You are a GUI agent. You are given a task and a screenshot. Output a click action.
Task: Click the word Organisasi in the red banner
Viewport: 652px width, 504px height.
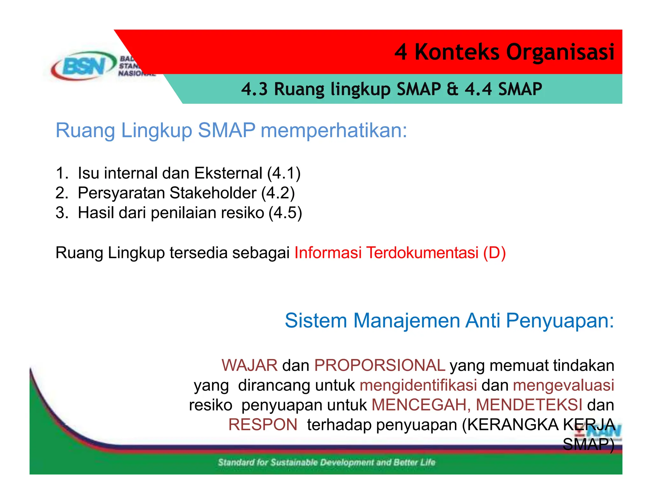[560, 52]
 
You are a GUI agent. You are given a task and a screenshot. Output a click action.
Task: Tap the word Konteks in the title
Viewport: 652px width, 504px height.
[457, 52]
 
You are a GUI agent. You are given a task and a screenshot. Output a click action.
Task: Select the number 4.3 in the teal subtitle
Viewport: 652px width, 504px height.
[254, 89]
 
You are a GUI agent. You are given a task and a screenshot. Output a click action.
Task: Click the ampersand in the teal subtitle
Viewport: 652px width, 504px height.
[452, 89]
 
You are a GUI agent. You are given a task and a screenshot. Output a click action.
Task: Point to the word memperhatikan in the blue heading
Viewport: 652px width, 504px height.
[334, 130]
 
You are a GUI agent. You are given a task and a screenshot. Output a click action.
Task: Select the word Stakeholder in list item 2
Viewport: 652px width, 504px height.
[213, 193]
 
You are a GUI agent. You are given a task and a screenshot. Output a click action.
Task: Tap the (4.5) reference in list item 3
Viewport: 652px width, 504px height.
[285, 213]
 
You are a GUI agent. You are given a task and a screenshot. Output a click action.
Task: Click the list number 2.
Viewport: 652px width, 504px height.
[61, 193]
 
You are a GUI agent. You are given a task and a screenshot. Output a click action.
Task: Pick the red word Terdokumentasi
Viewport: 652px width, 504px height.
[422, 253]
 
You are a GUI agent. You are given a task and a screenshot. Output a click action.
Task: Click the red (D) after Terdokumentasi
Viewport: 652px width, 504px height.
[494, 253]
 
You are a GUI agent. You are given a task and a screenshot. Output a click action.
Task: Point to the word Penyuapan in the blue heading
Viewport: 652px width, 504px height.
[560, 320]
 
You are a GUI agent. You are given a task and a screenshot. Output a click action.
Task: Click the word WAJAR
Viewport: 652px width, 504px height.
[250, 365]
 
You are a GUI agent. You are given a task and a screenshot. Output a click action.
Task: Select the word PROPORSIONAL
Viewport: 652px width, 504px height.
[379, 365]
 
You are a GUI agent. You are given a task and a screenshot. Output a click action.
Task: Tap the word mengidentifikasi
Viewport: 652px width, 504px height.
[418, 385]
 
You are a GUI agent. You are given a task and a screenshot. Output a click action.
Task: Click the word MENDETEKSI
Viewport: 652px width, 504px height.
[529, 405]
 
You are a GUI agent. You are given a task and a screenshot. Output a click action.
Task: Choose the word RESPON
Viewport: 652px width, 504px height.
[263, 425]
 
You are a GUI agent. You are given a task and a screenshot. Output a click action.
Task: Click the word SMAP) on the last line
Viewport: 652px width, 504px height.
[588, 444]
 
